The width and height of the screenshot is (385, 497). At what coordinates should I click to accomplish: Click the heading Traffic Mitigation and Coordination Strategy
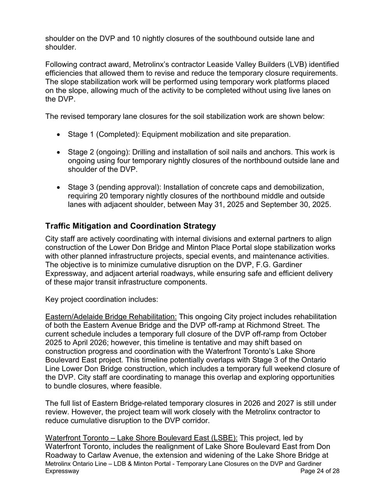tap(130, 226)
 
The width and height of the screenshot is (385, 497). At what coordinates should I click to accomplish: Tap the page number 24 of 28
tap(320, 471)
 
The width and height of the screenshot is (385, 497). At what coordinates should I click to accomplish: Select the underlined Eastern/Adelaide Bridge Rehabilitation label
tap(111, 317)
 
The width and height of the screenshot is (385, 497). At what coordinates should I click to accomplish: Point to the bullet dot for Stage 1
tap(58, 135)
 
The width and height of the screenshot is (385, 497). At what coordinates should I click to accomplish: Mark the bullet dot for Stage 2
tap(58, 153)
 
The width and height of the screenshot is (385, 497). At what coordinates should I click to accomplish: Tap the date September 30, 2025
tap(296, 205)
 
